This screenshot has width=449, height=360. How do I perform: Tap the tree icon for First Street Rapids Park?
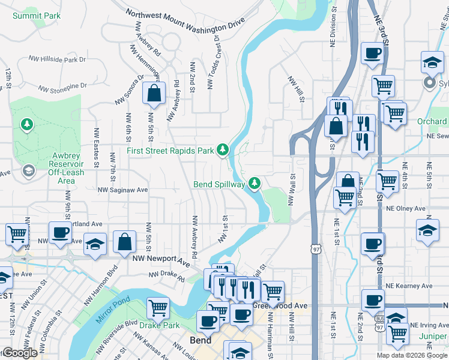[x=223, y=149]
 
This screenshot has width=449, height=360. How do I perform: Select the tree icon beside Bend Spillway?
[x=255, y=182]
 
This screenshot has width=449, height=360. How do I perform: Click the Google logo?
[x=19, y=353]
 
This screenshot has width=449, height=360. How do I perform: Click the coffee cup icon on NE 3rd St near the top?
[x=372, y=53]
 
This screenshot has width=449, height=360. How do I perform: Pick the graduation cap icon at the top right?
[x=432, y=62]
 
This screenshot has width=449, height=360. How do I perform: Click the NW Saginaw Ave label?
[x=123, y=190]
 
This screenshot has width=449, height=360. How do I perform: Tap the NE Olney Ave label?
[x=406, y=208]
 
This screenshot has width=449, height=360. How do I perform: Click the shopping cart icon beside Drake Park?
[x=158, y=308]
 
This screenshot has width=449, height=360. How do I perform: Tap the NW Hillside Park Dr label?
[x=58, y=59]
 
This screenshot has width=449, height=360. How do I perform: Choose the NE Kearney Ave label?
[x=409, y=286]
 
